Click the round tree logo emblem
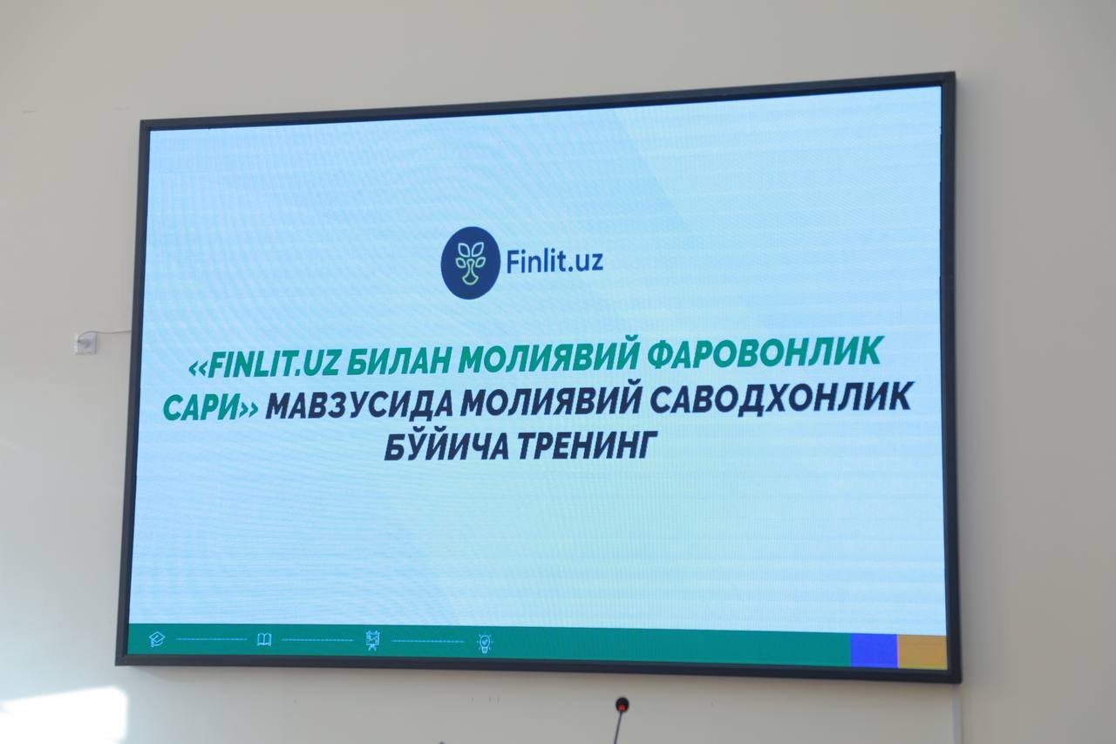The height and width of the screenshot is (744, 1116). click(x=470, y=263)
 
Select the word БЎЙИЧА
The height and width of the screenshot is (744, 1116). click(x=446, y=447)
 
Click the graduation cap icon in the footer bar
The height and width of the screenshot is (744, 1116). click(x=157, y=638)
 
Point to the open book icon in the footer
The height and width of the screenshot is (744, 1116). click(x=264, y=639)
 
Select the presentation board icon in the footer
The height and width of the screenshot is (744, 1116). click(x=372, y=640)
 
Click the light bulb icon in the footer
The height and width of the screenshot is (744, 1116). click(x=485, y=643)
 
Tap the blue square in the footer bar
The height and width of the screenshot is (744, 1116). click(x=874, y=651)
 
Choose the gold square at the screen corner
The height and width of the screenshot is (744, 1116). click(x=922, y=652)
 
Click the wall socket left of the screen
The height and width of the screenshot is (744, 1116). click(x=85, y=343)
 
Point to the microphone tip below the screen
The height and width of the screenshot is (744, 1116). click(x=622, y=705)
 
